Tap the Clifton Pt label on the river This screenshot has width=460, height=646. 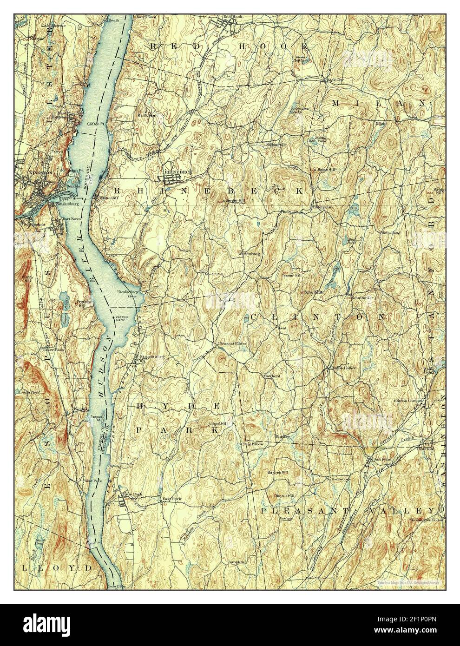(97, 125)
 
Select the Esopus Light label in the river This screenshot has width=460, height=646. (122, 318)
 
